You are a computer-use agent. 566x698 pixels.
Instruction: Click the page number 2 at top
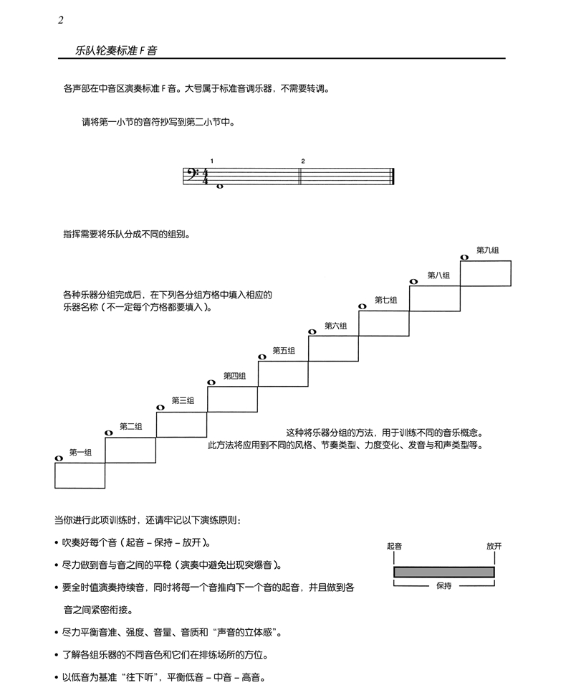[61, 20]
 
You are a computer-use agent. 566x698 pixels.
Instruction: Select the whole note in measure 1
[219, 185]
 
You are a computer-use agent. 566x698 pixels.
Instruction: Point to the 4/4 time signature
[205, 176]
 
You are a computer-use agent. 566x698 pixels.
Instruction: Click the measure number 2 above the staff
[303, 161]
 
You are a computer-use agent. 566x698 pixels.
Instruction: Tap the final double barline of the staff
[393, 176]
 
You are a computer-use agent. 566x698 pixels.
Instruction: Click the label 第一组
[80, 452]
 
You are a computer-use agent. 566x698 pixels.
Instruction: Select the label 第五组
[284, 350]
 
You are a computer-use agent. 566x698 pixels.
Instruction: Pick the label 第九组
[487, 250]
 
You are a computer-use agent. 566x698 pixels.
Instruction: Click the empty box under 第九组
[486, 273]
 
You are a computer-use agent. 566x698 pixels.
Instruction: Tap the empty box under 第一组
[80, 475]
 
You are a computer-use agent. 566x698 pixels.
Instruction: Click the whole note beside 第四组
[211, 383]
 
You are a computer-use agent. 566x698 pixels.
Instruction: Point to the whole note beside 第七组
[363, 306]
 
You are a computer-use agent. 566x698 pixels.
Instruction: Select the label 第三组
[183, 400]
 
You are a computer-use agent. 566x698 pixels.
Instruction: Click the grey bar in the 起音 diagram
[443, 572]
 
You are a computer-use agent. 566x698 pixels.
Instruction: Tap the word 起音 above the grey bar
[394, 547]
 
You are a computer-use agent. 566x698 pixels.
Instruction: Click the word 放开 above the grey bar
[494, 547]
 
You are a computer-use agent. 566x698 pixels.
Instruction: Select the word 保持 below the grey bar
[443, 586]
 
